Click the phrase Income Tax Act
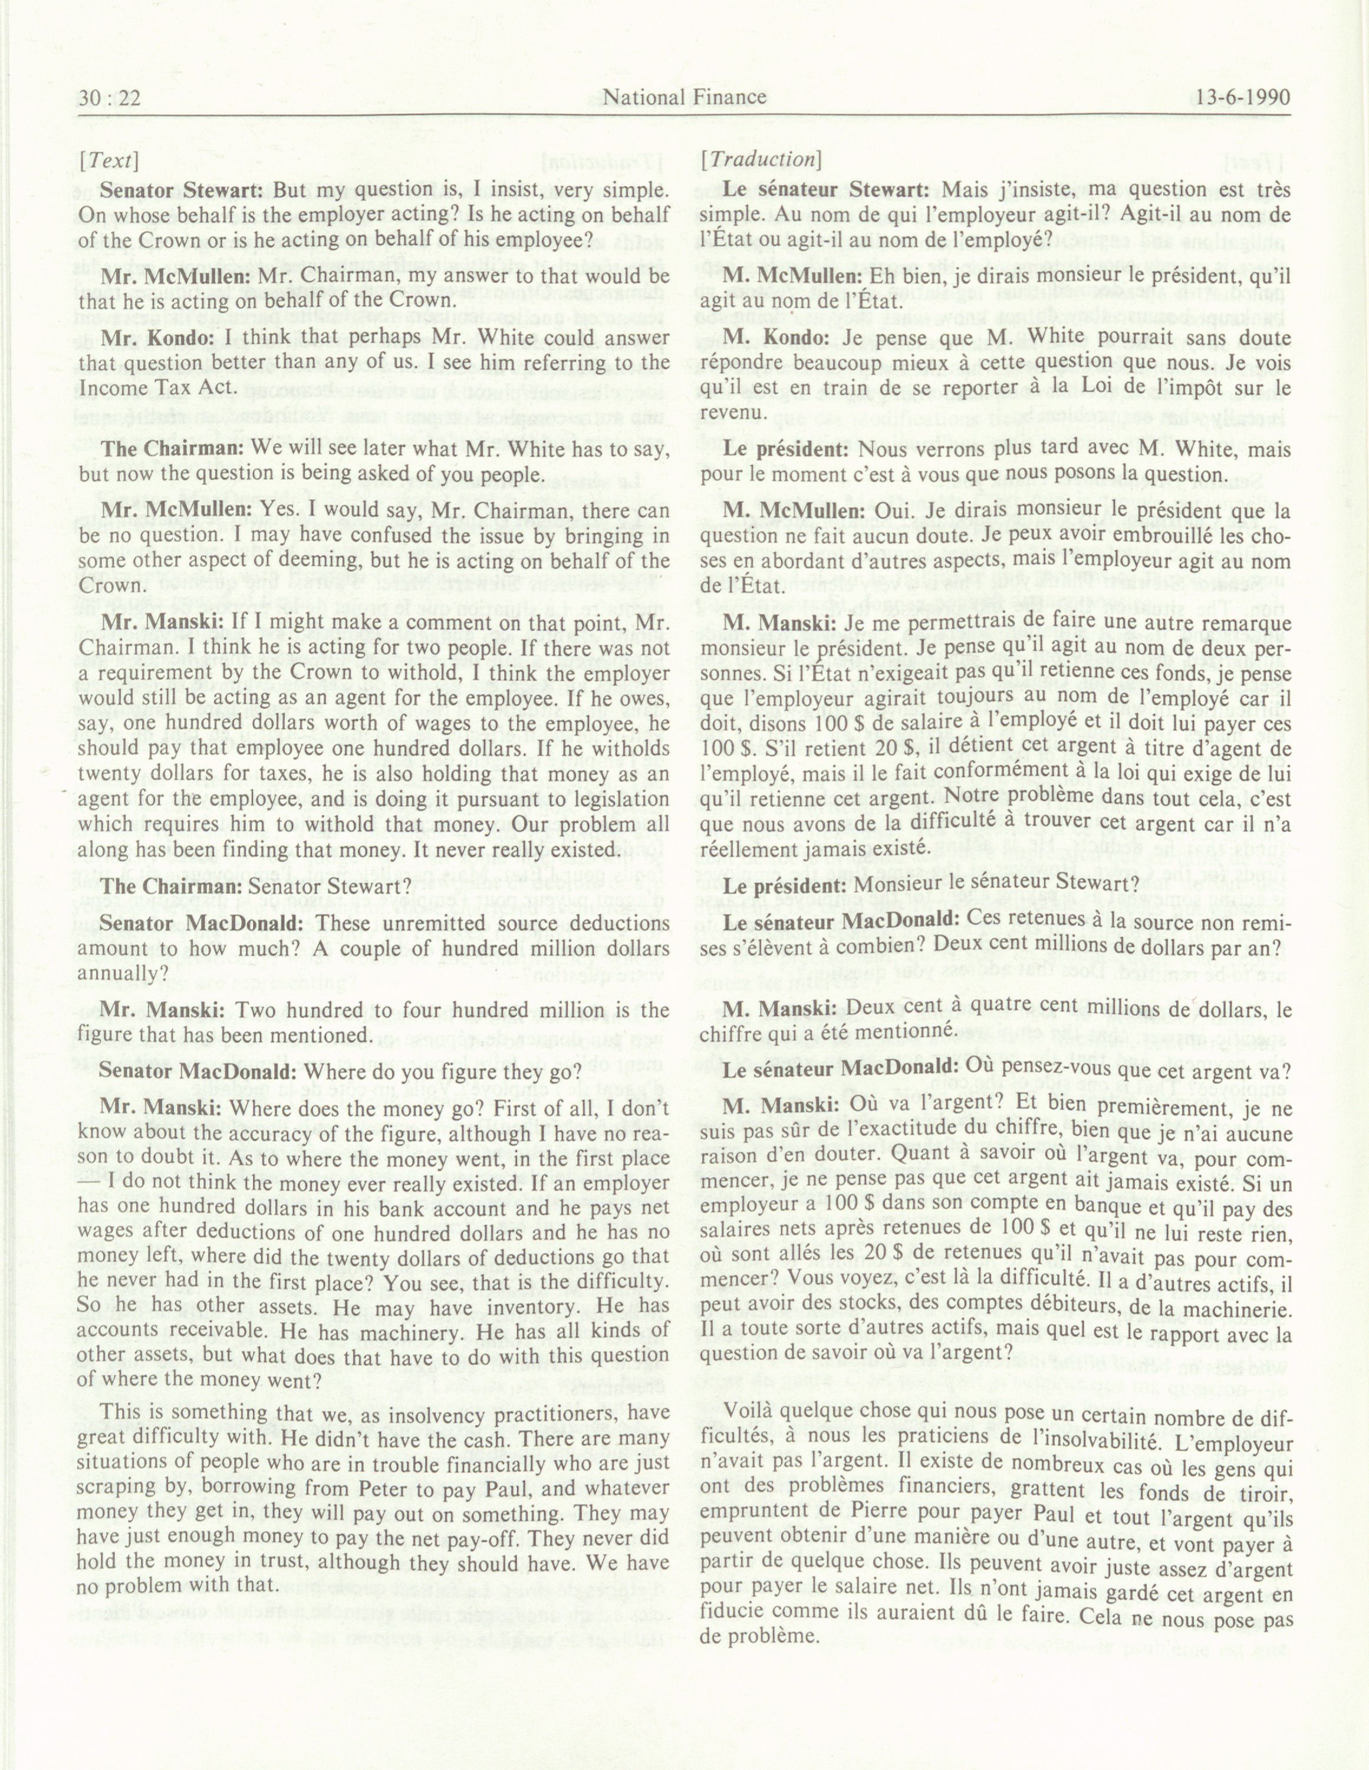coord(159,387)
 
